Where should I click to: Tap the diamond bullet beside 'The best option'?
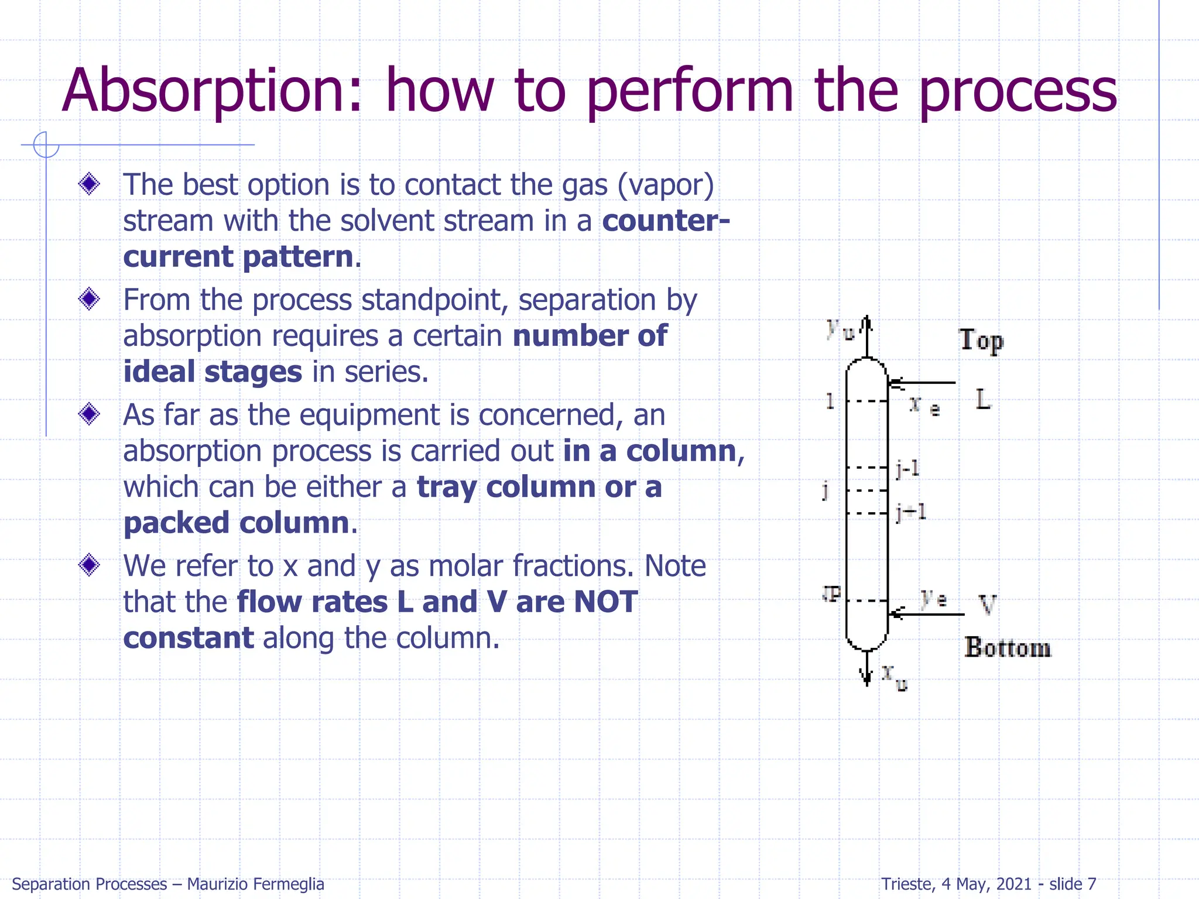point(90,184)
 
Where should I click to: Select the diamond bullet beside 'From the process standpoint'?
point(90,299)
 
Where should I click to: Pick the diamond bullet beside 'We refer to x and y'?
point(90,565)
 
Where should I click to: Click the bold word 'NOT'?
point(606,602)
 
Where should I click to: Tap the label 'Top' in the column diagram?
point(981,340)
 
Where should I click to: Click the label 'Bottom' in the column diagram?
point(1008,647)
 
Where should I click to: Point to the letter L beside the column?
point(983,400)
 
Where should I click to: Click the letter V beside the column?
point(987,604)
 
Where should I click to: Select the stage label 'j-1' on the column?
point(908,468)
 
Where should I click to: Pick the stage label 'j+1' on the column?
point(911,513)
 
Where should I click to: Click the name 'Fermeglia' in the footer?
point(291,884)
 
